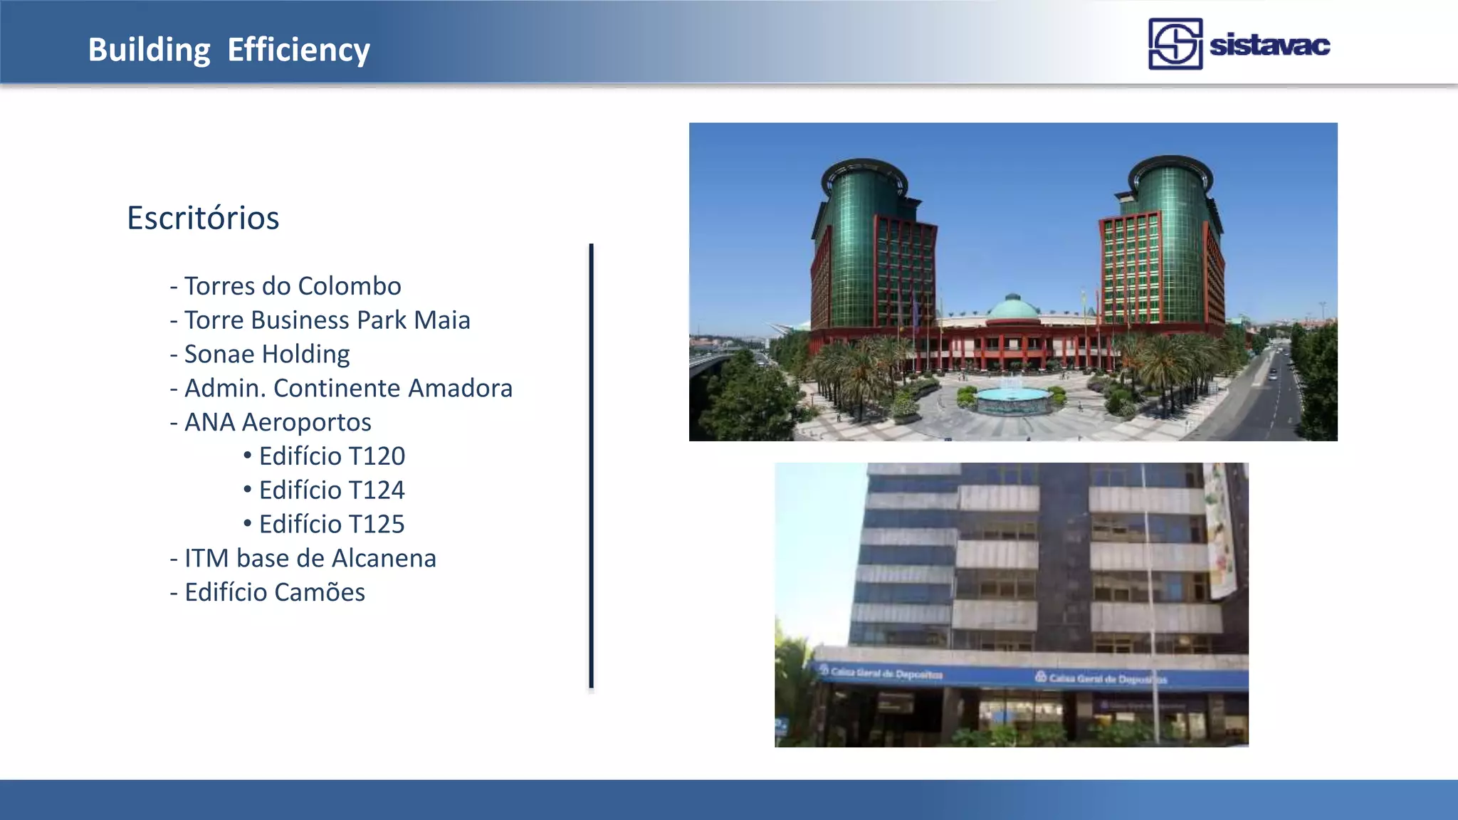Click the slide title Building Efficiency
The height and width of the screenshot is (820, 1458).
pos(229,50)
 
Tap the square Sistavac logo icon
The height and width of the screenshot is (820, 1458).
pos(1175,44)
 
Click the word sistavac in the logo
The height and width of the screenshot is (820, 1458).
pos(1269,45)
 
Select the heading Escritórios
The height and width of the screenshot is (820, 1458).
pos(203,218)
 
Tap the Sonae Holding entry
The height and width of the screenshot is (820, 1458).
pos(266,354)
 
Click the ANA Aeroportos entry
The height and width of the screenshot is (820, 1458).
pos(277,423)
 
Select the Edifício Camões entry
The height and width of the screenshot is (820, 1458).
pos(274,593)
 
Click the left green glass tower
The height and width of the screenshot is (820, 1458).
pos(864,242)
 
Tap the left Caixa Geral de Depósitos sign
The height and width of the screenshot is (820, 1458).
pos(883,673)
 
